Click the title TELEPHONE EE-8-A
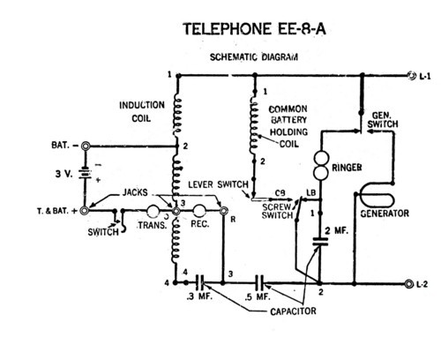(254, 29)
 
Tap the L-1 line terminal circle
(411, 76)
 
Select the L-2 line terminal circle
(408, 284)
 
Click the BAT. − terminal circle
(86, 146)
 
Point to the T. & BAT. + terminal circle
(85, 211)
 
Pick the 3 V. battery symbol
(86, 174)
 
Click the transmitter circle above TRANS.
(153, 211)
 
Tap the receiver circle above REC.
(199, 211)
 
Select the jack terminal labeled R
(223, 211)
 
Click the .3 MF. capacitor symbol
(200, 282)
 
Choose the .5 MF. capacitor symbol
(259, 282)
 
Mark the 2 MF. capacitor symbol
(320, 242)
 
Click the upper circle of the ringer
(321, 158)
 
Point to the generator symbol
(377, 196)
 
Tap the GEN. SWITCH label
(383, 120)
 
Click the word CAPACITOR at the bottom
(293, 311)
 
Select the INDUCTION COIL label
(142, 112)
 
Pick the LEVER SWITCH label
(218, 184)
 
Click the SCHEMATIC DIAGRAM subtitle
(254, 56)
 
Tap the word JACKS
(135, 192)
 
